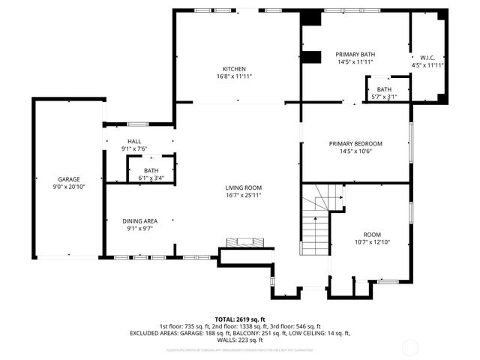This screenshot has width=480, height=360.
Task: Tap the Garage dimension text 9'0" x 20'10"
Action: tap(69, 187)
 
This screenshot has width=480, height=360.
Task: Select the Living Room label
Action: tap(243, 187)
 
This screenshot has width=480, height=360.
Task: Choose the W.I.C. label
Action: tap(427, 57)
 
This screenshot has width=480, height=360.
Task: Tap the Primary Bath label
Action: tap(355, 54)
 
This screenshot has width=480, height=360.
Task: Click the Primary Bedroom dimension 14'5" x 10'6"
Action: tap(355, 151)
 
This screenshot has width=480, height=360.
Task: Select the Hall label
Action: tap(134, 141)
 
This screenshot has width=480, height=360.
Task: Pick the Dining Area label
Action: tap(140, 220)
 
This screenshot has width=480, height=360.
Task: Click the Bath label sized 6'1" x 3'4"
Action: tap(151, 170)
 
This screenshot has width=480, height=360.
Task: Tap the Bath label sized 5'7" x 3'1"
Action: tap(384, 88)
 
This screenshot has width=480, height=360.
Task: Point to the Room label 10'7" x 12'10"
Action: tap(372, 234)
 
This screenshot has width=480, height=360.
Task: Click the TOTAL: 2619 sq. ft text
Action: tap(239, 319)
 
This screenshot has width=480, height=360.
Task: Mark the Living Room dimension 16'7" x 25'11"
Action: tap(243, 196)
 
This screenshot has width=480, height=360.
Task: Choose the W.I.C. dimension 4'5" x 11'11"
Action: tap(427, 65)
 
